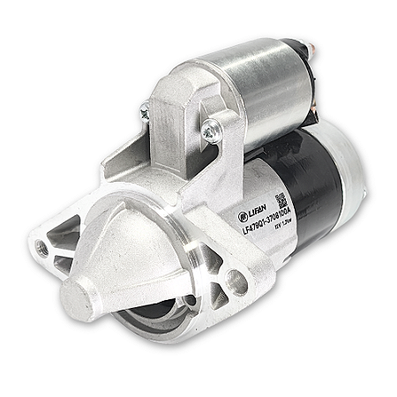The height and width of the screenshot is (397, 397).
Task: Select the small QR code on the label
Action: (280, 198)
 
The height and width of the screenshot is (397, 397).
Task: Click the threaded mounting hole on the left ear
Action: (41, 249)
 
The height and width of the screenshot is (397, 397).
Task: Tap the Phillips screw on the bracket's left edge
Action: (144, 110)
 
